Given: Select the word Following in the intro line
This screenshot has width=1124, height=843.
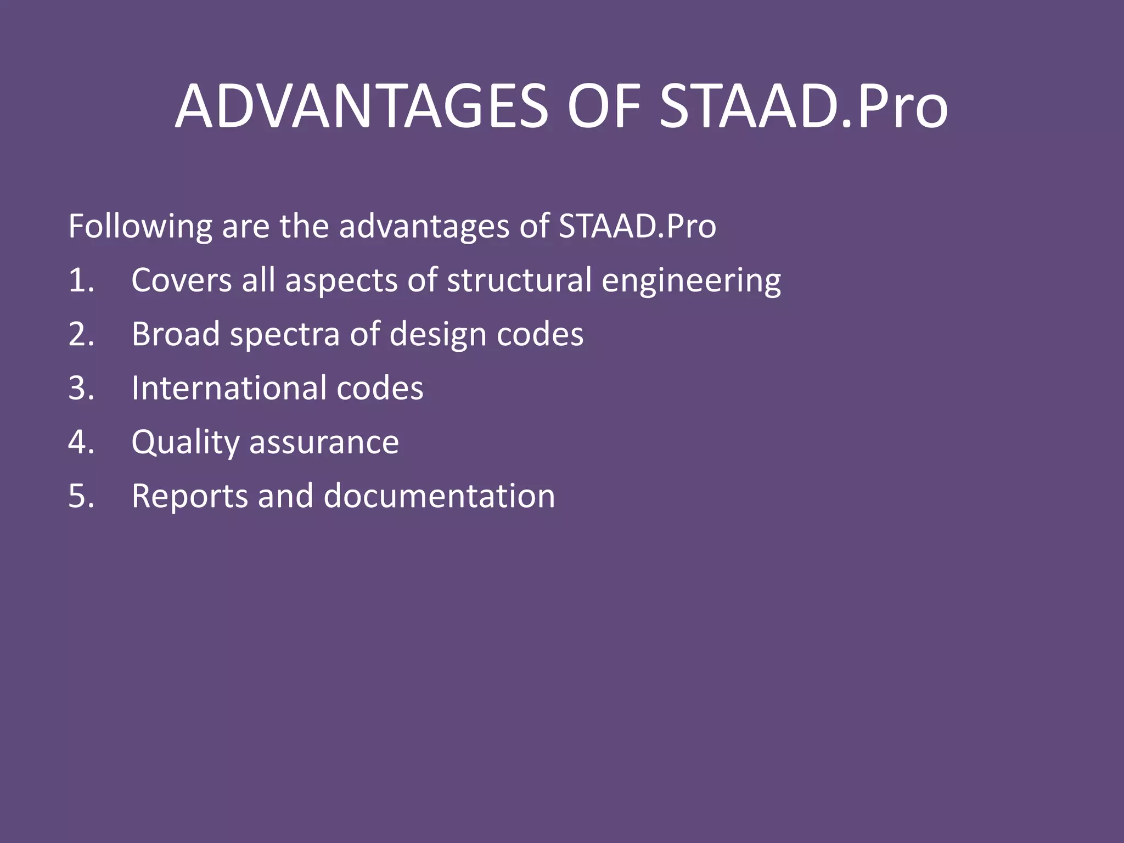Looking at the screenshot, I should click(140, 226).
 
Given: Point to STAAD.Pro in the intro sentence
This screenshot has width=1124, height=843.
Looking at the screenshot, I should click(637, 226).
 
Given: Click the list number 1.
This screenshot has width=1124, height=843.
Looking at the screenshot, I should click(81, 280).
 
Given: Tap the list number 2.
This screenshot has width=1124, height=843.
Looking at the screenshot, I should click(81, 334).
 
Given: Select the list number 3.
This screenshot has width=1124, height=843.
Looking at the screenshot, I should click(81, 387).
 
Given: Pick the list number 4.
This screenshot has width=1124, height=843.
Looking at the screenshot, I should click(81, 442).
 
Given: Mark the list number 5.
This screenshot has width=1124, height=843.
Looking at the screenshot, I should click(81, 496).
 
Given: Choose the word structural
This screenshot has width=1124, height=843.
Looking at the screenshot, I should click(519, 280).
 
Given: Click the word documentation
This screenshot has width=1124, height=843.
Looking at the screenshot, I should click(439, 496).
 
